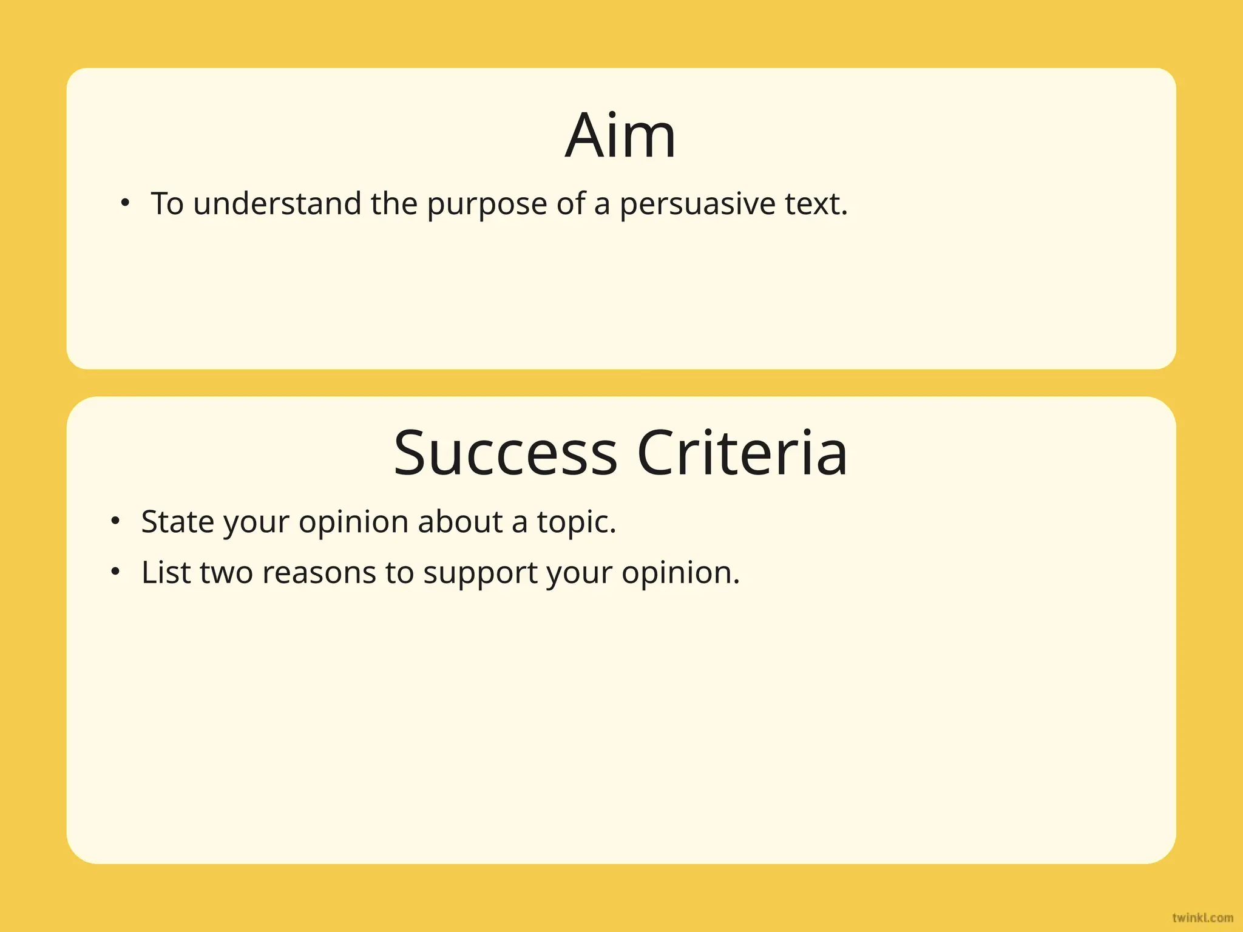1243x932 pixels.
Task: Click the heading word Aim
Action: coord(620,136)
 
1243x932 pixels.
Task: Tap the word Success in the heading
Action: coord(505,453)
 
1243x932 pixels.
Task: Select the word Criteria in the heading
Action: coord(742,453)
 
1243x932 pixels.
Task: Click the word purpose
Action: coord(487,204)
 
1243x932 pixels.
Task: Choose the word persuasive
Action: coord(697,204)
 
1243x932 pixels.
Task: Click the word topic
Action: coord(575,522)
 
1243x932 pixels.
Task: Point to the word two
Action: coord(226,572)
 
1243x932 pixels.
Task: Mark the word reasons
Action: coord(319,573)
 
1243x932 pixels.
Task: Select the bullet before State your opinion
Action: coord(115,521)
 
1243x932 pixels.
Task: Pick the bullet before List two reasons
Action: coord(115,572)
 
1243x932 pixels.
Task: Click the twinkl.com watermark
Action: coord(1202,917)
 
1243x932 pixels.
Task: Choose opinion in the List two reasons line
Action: coord(680,573)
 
